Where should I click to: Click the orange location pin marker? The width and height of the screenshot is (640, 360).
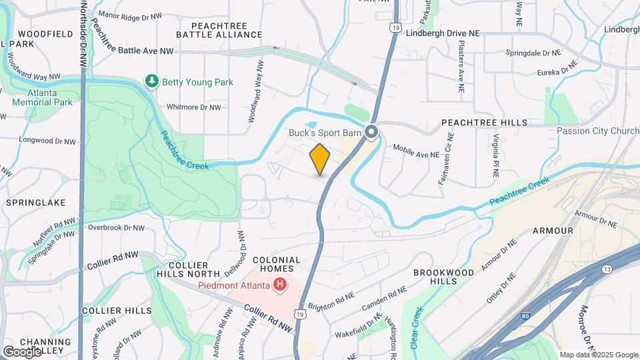pos(320,159)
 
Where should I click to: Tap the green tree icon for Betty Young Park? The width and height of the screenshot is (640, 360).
pos(153,81)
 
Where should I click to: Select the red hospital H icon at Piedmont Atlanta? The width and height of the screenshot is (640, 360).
pos(280,286)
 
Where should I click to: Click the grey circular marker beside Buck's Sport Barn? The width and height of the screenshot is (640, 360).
pos(371,133)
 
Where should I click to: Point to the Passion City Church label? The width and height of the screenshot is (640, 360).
pos(597,131)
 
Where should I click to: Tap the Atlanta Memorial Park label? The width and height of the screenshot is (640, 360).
pos(41,98)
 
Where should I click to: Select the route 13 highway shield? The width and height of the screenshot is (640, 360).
pos(606,269)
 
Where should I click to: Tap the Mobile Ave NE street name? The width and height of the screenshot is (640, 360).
pos(415,151)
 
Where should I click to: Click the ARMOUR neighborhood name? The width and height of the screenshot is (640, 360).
pos(553,231)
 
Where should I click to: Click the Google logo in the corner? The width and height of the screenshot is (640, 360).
pos(22,351)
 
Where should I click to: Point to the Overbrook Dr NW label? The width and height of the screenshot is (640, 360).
pos(116,227)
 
